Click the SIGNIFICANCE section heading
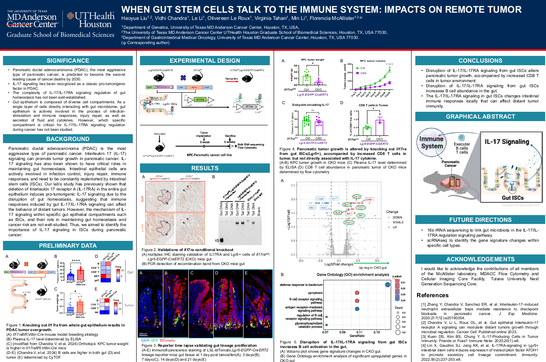(x=68, y=61)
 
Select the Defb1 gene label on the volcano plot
(x=369, y=199)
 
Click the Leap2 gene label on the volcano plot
(x=320, y=199)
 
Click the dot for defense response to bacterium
(x=388, y=285)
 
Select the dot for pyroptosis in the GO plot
(x=357, y=293)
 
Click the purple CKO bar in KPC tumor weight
(x=319, y=83)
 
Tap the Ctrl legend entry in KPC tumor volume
(x=361, y=68)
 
